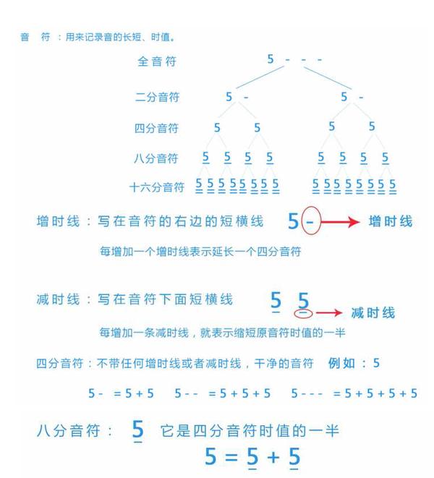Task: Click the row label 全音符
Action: tap(157, 62)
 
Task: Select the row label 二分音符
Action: tap(157, 97)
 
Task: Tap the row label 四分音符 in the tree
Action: tap(156, 129)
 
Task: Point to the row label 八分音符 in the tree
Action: tap(156, 158)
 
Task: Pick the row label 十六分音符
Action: tap(157, 187)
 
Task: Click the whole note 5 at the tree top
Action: tap(271, 59)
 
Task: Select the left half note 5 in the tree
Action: tap(229, 96)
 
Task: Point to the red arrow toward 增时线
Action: tap(340, 221)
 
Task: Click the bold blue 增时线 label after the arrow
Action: tap(390, 221)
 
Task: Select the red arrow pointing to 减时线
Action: tap(329, 313)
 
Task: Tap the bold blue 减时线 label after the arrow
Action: tap(373, 313)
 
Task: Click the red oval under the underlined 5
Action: tap(304, 313)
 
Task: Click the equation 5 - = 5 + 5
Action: tap(121, 393)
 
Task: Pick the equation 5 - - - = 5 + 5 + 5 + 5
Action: tap(354, 393)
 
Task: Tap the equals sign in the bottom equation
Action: tap(231, 457)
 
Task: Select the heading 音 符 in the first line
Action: tap(35, 37)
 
